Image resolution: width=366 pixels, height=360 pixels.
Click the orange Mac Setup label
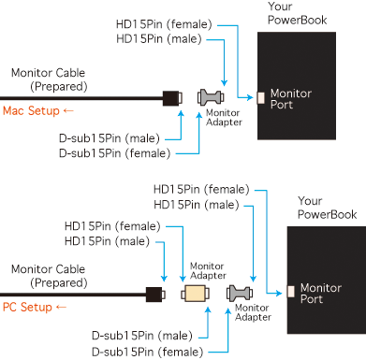[x=31, y=110]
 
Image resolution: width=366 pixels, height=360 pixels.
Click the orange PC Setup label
[x=27, y=307]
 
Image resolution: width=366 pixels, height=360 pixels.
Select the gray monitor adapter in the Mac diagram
[x=211, y=97]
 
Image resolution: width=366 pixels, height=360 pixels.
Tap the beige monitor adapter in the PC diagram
[x=195, y=294]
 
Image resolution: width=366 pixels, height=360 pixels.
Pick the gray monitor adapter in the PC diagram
[x=240, y=294]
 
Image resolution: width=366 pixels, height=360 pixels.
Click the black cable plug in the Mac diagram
[x=172, y=98]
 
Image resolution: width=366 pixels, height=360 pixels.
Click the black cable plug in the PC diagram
[x=155, y=295]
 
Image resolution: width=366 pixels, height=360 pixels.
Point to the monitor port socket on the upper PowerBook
[x=261, y=98]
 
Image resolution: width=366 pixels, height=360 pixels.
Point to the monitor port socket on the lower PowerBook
[x=291, y=292]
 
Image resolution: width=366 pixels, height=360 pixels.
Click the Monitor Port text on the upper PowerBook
[x=291, y=99]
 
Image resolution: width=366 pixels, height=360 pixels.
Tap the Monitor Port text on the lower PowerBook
[x=321, y=294]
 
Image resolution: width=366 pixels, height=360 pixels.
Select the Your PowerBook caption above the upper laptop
[x=298, y=13]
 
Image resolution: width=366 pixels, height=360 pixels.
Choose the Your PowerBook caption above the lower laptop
[x=327, y=208]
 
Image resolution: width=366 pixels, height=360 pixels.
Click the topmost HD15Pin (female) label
[x=164, y=24]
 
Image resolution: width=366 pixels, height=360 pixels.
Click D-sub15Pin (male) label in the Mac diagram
[x=110, y=138]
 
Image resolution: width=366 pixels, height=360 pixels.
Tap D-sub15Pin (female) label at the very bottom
[x=147, y=353]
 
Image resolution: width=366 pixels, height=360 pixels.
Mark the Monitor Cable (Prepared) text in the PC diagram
[x=50, y=276]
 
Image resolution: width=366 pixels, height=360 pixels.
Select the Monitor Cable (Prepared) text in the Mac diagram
[x=50, y=79]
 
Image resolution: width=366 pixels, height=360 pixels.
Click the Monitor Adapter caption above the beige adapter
[x=208, y=270]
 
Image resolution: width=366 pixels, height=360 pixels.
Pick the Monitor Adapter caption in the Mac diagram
[x=224, y=117]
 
